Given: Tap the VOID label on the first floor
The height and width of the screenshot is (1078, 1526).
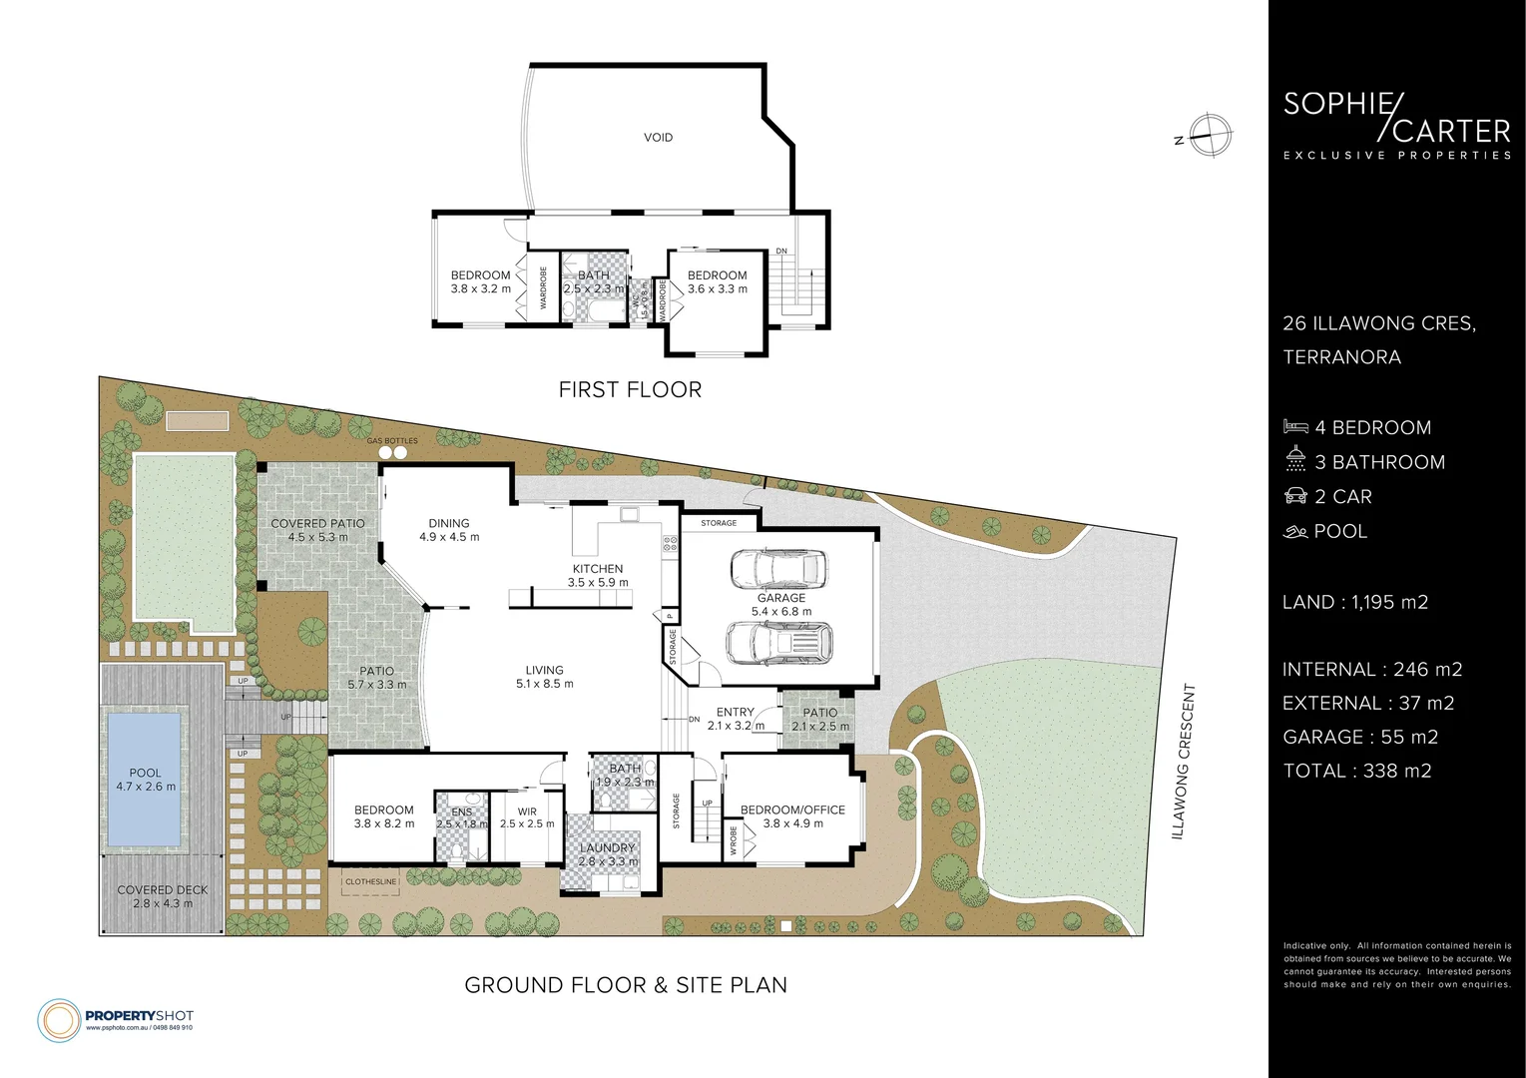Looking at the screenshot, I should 658,137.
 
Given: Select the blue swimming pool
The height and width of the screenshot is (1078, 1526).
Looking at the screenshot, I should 145,779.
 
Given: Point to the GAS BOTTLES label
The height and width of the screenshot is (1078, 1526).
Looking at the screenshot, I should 392,440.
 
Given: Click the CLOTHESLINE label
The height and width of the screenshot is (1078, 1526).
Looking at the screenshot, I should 370,882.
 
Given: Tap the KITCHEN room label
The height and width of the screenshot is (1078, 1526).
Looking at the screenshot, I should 598,569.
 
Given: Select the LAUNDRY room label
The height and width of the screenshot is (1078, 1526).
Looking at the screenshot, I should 607,848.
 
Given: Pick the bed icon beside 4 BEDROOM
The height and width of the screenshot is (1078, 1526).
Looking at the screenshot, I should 1295,427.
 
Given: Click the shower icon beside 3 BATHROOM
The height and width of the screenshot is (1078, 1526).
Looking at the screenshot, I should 1295,461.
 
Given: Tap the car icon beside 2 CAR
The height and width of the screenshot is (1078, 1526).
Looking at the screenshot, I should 1295,496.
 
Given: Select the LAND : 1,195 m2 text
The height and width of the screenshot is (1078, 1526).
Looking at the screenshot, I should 1354,602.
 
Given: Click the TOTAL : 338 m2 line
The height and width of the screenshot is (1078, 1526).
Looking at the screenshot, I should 1356,771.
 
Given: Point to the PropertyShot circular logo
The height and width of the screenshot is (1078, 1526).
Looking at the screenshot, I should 59,1019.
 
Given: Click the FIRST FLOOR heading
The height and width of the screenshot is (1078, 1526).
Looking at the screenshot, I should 630,389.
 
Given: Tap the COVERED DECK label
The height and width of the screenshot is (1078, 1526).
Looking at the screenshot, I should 163,890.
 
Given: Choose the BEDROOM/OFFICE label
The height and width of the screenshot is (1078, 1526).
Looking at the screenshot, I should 792,809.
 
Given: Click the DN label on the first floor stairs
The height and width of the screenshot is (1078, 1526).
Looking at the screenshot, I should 781,251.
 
